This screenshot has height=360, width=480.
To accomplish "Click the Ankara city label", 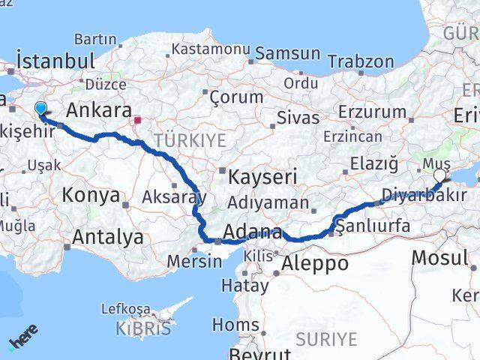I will point(99,110).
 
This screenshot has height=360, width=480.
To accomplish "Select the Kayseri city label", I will point(262,178).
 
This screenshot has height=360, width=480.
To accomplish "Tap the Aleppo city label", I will point(315,263).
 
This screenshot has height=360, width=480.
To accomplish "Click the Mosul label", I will point(439,258).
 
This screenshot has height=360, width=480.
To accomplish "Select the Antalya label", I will point(108,238).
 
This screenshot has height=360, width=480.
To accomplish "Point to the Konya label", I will point(91,196).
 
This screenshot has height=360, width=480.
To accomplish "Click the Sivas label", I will point(298,118).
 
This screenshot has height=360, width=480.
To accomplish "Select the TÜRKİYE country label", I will point(190,139).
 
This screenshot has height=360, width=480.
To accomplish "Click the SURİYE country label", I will point(326,340).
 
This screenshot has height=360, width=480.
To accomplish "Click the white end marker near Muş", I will point(439,175).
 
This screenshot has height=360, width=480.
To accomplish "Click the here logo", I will point(24,341).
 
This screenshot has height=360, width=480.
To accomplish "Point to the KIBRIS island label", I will point(143,328).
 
